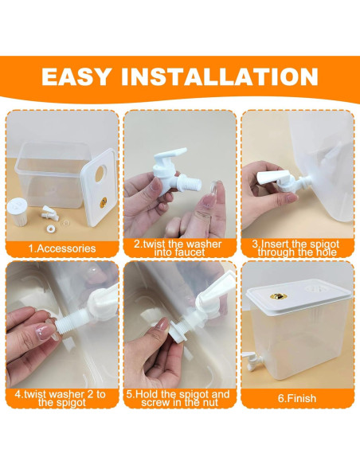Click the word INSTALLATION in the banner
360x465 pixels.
220,76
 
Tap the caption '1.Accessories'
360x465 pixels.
62,248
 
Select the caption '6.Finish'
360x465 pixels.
297,398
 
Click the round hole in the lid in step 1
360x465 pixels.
100,174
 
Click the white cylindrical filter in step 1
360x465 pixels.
18,212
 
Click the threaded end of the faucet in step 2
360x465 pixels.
191,182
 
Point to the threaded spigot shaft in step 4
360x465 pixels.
72,327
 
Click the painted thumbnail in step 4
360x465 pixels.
45,331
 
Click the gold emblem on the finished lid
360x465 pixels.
278,295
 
